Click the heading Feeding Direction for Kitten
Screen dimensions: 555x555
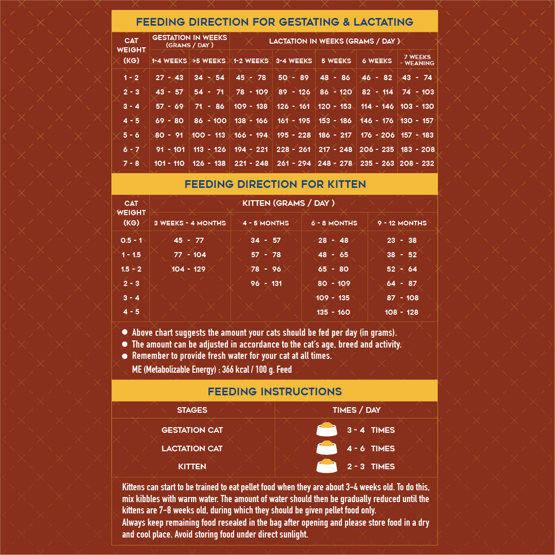click(x=275, y=184)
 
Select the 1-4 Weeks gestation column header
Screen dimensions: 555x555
click(x=169, y=61)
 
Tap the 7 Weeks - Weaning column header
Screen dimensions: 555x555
click(x=417, y=60)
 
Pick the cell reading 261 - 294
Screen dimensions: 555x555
click(x=294, y=163)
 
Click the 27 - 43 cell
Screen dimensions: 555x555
click(x=169, y=78)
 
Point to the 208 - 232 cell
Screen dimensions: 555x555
click(x=417, y=163)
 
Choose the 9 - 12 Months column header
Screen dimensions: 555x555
click(x=402, y=223)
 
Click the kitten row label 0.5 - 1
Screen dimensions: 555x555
click(x=131, y=240)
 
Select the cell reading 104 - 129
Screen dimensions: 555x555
click(x=188, y=269)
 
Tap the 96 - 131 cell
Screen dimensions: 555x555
click(x=266, y=283)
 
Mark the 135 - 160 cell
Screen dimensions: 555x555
click(x=333, y=312)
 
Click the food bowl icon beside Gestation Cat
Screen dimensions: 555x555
click(x=327, y=430)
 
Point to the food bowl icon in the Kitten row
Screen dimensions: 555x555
click(x=327, y=466)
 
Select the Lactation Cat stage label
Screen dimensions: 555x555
click(x=192, y=448)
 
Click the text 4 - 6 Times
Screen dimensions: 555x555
click(x=371, y=448)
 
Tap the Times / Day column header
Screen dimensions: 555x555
click(x=356, y=410)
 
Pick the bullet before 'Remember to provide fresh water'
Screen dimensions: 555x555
click(x=124, y=356)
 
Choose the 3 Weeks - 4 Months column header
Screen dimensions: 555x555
click(x=190, y=223)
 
